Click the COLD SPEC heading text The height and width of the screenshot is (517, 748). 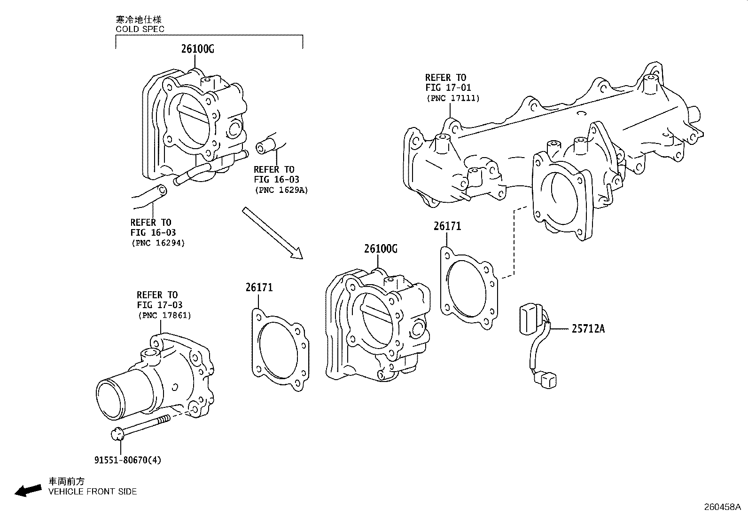140,29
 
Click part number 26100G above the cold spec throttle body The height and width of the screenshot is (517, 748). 198,49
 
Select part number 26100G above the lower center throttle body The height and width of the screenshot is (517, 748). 381,249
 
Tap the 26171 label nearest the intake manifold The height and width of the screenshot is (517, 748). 447,226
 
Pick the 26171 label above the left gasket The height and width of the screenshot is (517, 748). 259,287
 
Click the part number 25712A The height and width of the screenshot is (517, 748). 588,329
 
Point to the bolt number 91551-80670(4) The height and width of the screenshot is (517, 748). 127,460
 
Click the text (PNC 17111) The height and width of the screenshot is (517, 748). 453,98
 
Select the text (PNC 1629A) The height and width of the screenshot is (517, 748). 281,190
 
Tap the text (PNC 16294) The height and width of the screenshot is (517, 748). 157,243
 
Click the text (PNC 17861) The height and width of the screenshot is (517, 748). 164,316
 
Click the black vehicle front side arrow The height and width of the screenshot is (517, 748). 27,490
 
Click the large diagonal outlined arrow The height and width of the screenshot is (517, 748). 272,232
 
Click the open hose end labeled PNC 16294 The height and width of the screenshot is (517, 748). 161,190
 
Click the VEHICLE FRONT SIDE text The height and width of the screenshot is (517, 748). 93,492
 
